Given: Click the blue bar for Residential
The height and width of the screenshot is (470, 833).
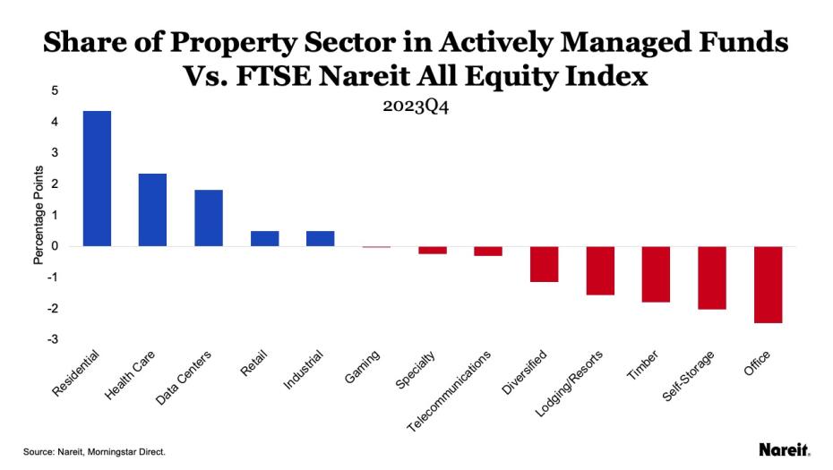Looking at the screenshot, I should point(97,178).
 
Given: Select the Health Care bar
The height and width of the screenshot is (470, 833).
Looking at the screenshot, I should point(152,209).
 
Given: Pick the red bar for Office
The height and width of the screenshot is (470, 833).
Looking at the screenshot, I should point(768,285).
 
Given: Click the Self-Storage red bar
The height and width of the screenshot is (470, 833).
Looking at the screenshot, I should point(712,278).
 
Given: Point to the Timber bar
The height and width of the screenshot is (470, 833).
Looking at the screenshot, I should point(656,274).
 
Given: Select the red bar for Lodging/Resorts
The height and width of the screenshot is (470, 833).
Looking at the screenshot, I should point(600,270).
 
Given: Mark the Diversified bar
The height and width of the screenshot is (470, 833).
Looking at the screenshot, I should point(544,264).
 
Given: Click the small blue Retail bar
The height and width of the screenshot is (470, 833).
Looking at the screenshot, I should point(264,238).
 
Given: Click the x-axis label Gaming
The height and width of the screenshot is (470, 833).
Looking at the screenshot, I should point(364,367).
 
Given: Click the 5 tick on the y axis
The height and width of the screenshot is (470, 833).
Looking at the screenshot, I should point(56,90).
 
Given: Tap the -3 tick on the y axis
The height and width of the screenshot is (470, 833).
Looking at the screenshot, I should point(54,339).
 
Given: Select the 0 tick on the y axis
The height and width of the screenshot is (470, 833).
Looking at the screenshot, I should point(56,246).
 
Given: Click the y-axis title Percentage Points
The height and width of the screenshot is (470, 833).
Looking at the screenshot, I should point(38,214).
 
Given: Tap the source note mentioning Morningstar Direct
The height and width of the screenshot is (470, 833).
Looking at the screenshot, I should point(94,452).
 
